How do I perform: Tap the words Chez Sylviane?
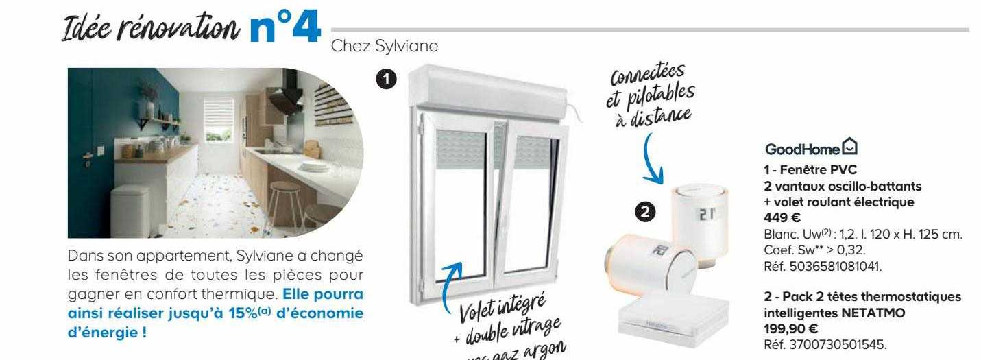coord(383,46)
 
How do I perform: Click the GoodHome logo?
coord(811,148)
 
